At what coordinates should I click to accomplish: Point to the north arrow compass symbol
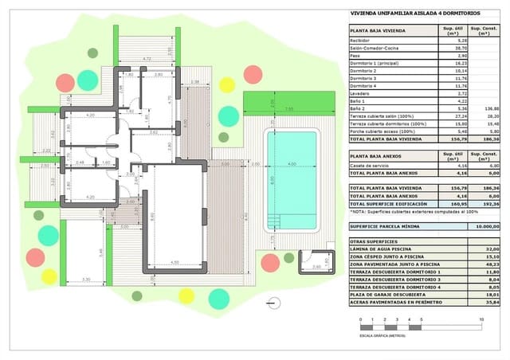[x=275, y=303]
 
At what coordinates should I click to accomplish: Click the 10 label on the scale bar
[x=481, y=319]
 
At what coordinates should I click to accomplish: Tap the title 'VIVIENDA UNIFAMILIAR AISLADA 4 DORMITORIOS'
[x=405, y=13]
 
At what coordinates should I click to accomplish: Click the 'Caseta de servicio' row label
[x=369, y=165]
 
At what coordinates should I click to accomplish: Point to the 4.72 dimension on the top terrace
[x=147, y=59]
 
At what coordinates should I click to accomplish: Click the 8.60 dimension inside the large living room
[x=153, y=215]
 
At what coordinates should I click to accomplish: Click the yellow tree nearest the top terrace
[x=227, y=84]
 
